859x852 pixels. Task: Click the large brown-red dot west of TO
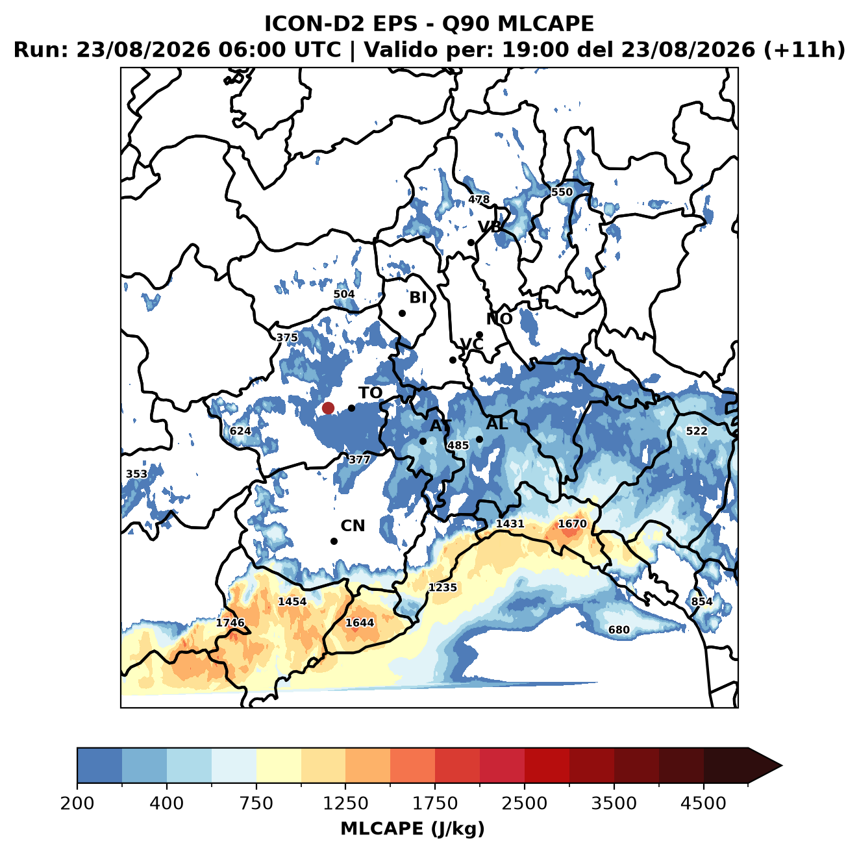(x=328, y=408)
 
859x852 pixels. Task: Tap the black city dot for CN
(x=334, y=541)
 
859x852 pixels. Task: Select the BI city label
(x=417, y=297)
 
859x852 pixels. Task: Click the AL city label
(x=497, y=423)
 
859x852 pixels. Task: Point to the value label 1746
(x=230, y=622)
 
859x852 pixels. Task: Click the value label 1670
(x=573, y=523)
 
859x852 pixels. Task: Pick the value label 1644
(x=360, y=622)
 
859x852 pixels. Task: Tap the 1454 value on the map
(x=292, y=601)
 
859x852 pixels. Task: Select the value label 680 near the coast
(x=619, y=629)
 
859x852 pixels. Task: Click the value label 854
(x=702, y=601)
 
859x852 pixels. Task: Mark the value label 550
(x=562, y=192)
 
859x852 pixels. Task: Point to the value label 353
(x=136, y=474)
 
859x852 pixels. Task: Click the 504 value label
(x=344, y=294)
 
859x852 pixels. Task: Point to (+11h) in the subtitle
(x=804, y=49)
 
